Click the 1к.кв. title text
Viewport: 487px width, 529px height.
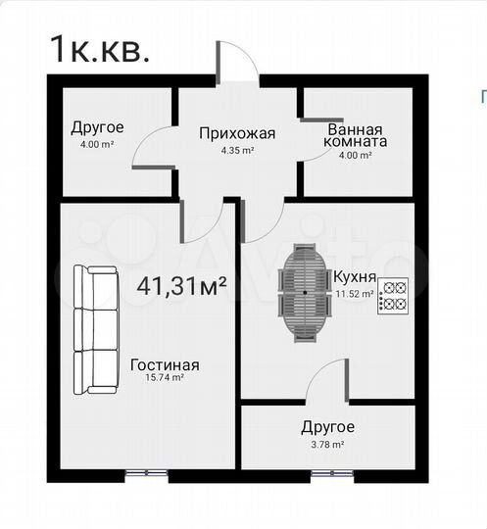click(99, 49)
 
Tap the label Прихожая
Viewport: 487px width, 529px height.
click(237, 134)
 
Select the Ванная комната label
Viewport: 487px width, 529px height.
click(356, 135)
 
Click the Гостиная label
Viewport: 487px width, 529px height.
click(165, 365)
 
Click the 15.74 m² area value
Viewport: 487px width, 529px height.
click(165, 380)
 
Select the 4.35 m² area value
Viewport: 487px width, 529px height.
click(237, 151)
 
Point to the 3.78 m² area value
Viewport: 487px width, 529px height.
click(326, 445)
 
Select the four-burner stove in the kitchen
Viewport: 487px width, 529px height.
click(394, 296)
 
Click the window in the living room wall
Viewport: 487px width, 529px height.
click(146, 474)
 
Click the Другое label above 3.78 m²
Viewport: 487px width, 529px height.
click(327, 427)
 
